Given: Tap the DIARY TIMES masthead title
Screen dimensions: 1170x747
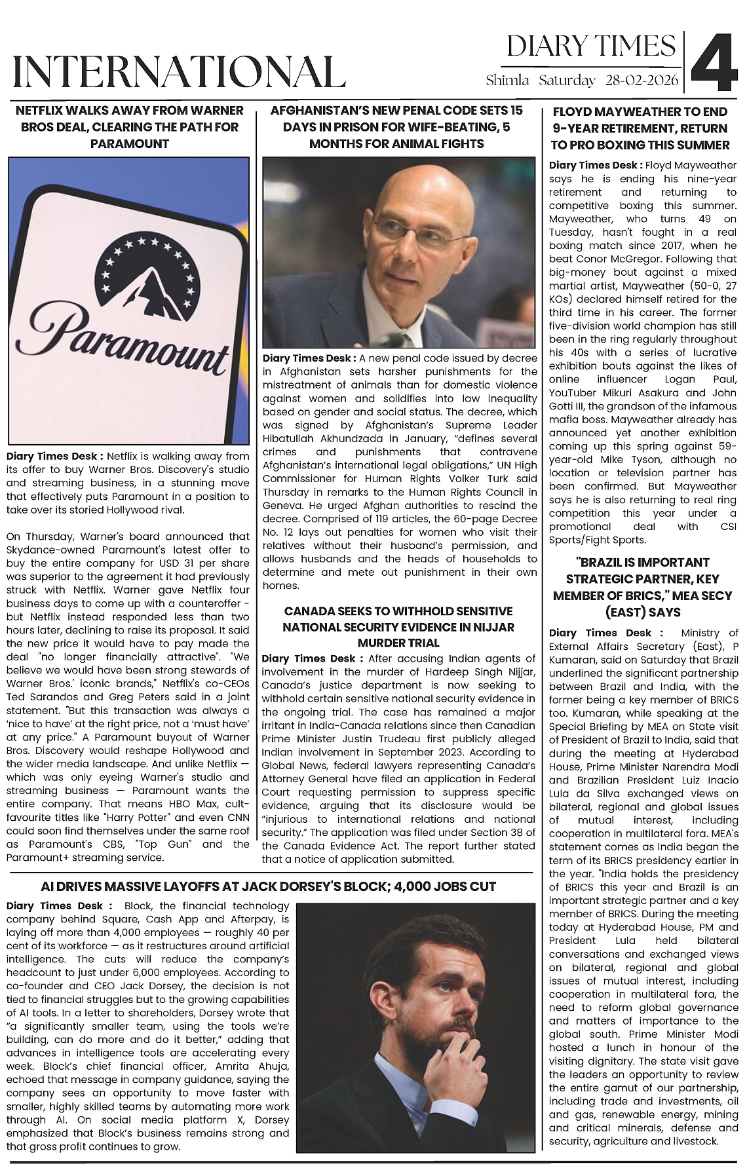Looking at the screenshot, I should (591, 47).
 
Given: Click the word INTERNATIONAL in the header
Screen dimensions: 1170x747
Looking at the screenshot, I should (178, 71).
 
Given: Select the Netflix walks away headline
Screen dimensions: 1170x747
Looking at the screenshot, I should (129, 127).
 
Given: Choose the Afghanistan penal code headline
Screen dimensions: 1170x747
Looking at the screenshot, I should (396, 127).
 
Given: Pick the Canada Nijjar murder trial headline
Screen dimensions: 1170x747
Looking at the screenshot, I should (398, 627).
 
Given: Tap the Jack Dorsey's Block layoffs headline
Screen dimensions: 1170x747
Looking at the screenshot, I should (268, 887).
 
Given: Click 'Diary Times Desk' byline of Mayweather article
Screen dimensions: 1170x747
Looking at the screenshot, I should (595, 166).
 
